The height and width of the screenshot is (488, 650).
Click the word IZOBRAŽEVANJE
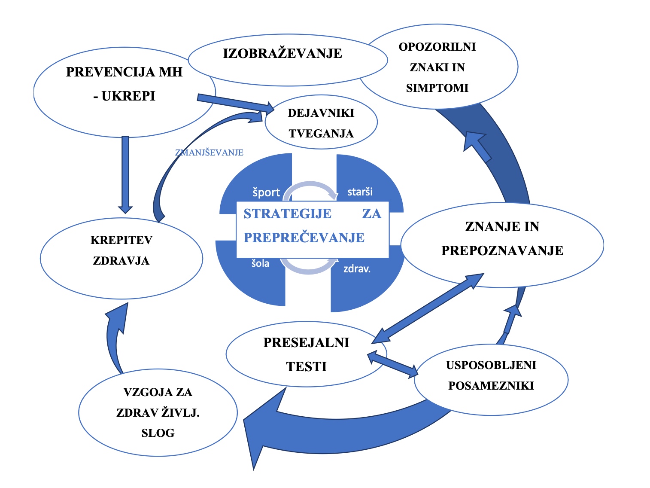point(282,54)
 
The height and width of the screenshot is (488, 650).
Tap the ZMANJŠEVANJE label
point(209,152)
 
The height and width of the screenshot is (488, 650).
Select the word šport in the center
point(266,192)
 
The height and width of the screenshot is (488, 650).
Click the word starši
point(360,192)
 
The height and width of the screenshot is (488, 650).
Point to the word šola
point(260,263)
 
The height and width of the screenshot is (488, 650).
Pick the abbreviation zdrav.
point(357,269)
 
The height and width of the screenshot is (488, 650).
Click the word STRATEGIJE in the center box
point(287,213)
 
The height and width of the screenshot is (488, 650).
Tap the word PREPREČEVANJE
point(304,238)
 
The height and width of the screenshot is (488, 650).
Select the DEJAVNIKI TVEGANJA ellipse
point(321,123)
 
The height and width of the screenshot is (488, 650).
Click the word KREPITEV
point(121,240)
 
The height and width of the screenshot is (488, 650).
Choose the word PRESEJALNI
point(306,343)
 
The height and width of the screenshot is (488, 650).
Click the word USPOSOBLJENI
point(491,365)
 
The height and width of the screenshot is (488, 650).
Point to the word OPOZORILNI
point(437,47)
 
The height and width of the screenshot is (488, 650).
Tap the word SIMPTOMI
point(437,88)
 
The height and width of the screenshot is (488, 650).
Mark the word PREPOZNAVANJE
point(502,250)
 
